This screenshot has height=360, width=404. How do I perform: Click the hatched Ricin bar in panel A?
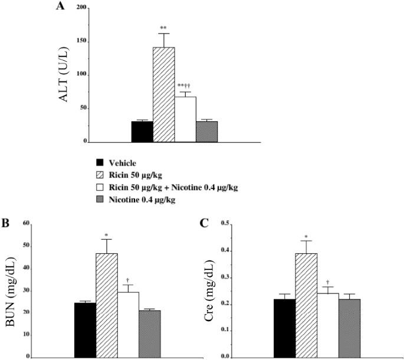click(163, 95)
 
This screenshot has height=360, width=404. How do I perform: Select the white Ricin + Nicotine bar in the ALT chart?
click(185, 120)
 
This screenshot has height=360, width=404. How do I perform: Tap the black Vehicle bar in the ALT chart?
click(142, 132)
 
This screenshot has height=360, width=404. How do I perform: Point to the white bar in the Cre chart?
click(328, 325)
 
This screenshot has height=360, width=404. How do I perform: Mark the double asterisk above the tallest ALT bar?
click(163, 28)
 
